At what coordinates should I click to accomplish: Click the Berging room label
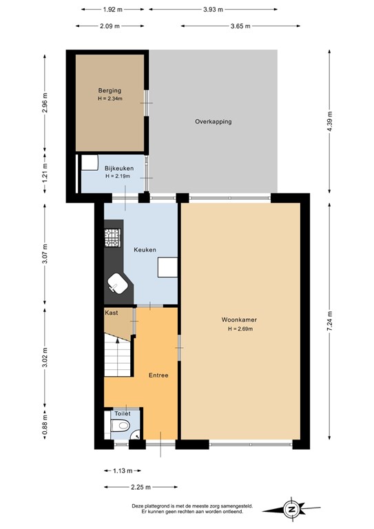(110, 90)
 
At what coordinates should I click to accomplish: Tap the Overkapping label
(213, 122)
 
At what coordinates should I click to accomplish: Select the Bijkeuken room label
(118, 168)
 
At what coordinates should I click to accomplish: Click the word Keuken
(145, 249)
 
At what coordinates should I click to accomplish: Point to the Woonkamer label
(239, 320)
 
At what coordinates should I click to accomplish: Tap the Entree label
(158, 375)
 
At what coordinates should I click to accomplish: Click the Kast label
(111, 313)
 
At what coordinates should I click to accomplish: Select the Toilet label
(122, 413)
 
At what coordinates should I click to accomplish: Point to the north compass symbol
(292, 510)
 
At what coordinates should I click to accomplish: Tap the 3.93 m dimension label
(213, 9)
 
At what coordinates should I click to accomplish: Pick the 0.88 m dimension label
(45, 417)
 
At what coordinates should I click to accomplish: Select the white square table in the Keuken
(167, 267)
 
